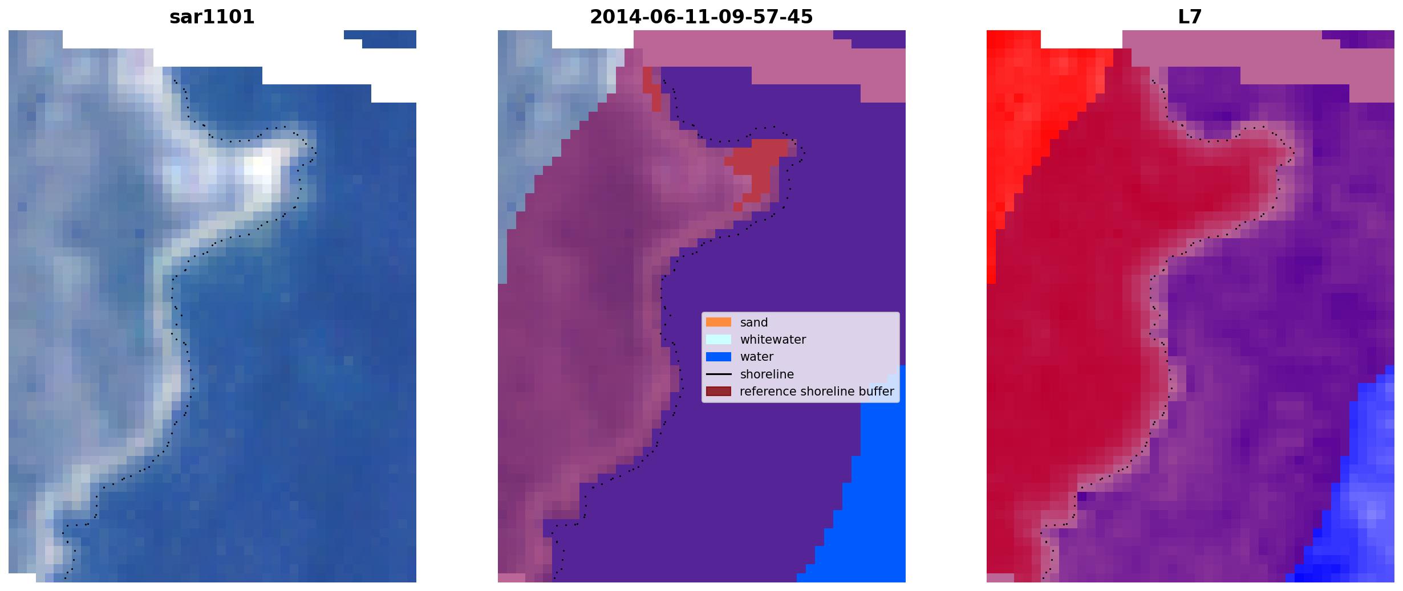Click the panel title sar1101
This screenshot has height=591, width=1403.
point(212,17)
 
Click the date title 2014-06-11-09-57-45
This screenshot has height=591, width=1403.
point(701,17)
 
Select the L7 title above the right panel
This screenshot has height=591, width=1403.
point(1190,17)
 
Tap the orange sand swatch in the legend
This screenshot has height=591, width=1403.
point(719,322)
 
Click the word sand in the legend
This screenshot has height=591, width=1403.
point(754,323)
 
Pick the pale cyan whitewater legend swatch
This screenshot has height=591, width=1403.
point(719,339)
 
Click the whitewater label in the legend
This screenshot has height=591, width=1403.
point(773,340)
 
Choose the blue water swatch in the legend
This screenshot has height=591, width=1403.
point(719,357)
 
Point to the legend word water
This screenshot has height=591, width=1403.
point(757,357)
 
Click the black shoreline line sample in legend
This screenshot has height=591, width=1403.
point(719,374)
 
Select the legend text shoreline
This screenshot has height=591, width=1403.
point(767,374)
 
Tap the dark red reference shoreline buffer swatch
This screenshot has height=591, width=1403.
point(719,392)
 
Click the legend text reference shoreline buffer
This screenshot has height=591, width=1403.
point(817,392)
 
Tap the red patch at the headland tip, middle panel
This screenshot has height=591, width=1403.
point(756,165)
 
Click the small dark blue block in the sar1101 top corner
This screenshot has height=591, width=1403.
point(384,39)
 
